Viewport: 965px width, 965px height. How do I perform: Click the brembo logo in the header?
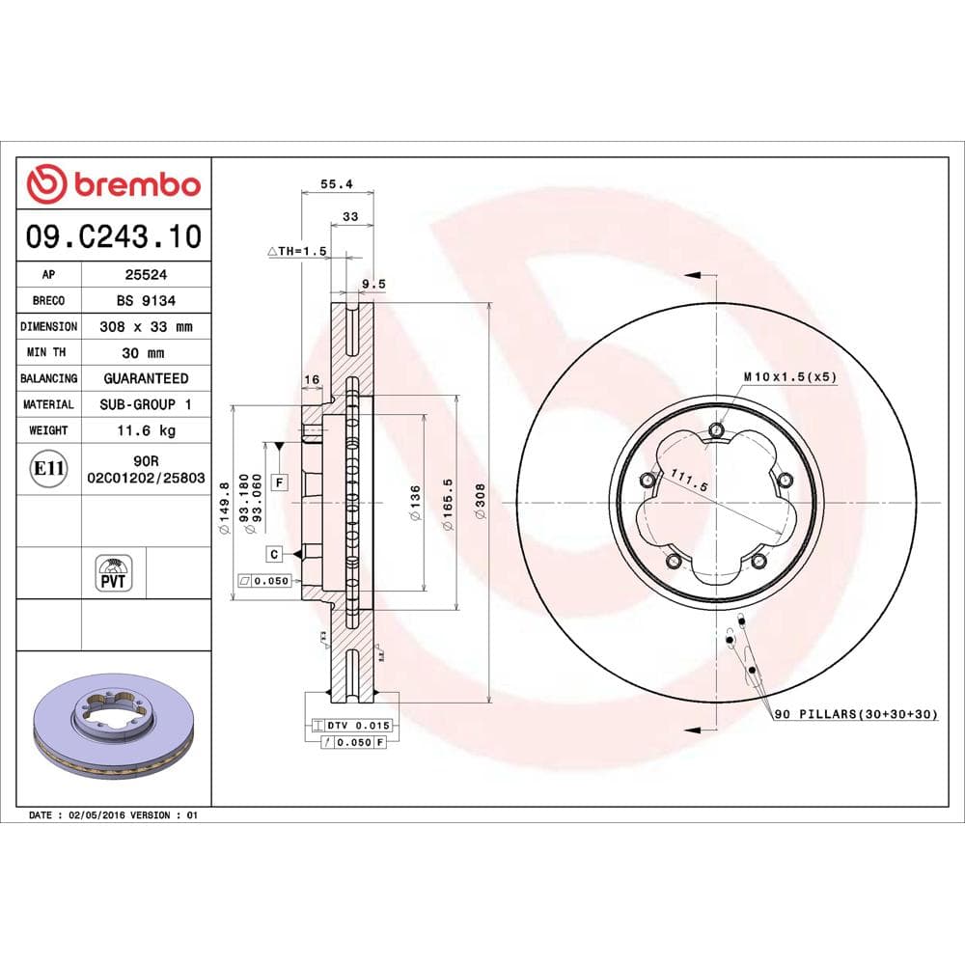click(x=114, y=183)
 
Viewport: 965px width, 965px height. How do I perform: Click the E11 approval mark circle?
click(x=49, y=470)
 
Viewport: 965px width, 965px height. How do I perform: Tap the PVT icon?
click(x=113, y=573)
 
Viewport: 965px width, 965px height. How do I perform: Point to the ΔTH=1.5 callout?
click(x=298, y=251)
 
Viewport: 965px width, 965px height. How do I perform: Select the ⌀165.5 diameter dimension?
click(x=447, y=502)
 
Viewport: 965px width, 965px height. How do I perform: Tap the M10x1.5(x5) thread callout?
click(x=789, y=376)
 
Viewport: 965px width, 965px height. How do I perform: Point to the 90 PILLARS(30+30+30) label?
click(x=855, y=714)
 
